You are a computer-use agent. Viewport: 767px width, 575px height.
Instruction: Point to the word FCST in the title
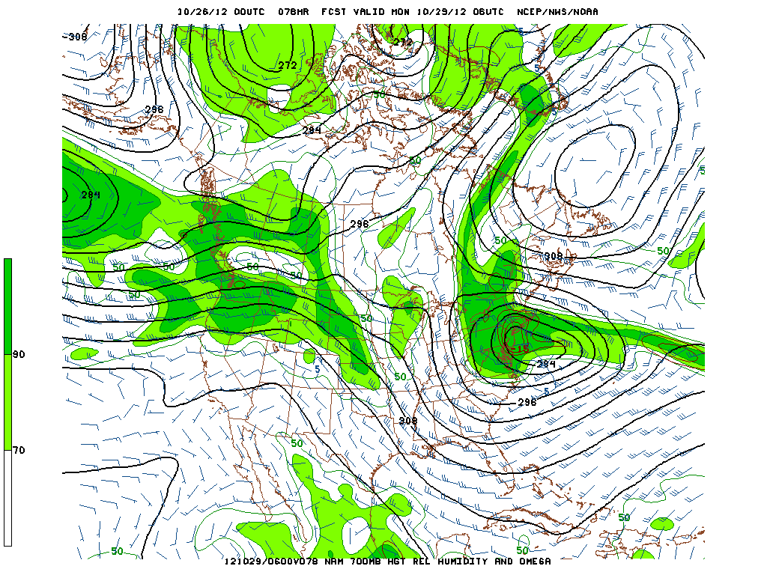(x=335, y=11)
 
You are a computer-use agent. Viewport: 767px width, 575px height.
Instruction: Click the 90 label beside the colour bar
(x=19, y=354)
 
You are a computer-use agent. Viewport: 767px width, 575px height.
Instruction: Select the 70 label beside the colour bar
(x=19, y=450)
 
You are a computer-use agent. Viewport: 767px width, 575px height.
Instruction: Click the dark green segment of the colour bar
(x=7, y=306)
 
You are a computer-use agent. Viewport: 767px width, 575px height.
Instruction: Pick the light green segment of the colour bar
(x=7, y=402)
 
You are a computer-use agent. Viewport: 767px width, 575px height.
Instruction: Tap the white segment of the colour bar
(x=7, y=498)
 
